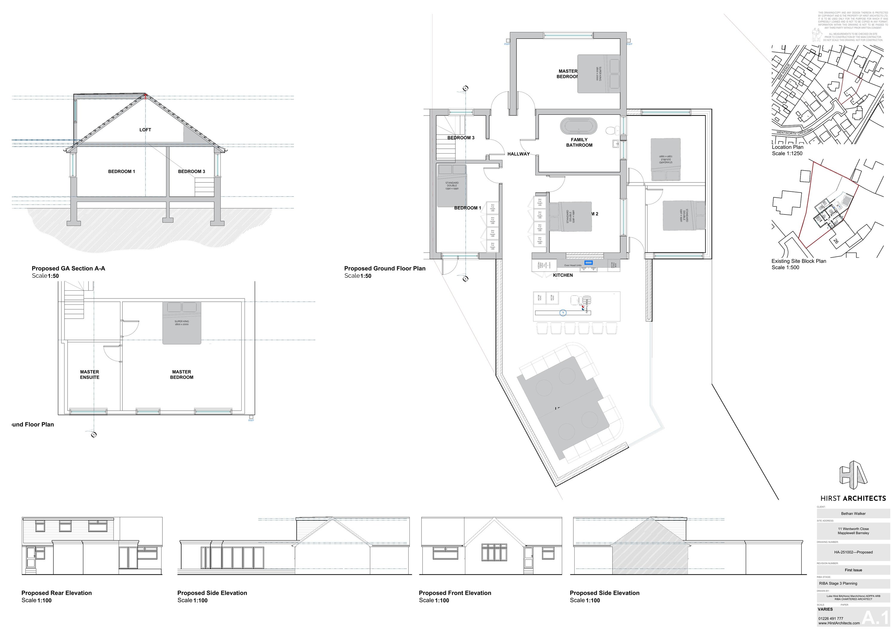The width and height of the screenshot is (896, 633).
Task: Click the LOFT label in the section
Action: [x=145, y=130]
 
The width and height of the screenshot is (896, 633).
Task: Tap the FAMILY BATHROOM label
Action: [x=579, y=142]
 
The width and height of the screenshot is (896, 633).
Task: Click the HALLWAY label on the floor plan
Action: [x=518, y=154]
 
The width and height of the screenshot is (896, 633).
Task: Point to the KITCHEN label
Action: [x=563, y=275]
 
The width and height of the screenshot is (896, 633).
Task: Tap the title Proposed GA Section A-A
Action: [x=68, y=269]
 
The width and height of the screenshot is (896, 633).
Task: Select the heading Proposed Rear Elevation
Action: [x=56, y=593]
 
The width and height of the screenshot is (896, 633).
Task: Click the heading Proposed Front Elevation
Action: [x=455, y=593]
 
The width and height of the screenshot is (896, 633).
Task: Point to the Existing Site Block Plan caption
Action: [x=798, y=261]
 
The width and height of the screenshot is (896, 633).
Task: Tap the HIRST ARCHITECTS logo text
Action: [x=853, y=498]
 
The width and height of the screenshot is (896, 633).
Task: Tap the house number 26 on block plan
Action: [x=835, y=241]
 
